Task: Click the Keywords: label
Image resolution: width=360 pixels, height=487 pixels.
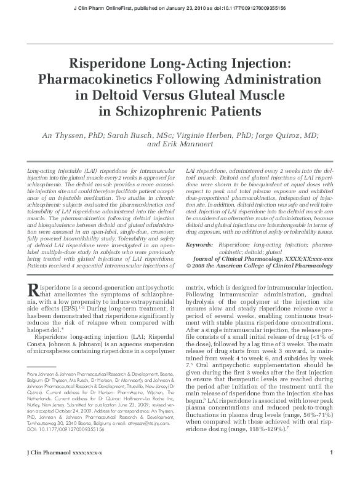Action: click(199, 245)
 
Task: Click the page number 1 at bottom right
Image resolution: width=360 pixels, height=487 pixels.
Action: click(331, 470)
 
